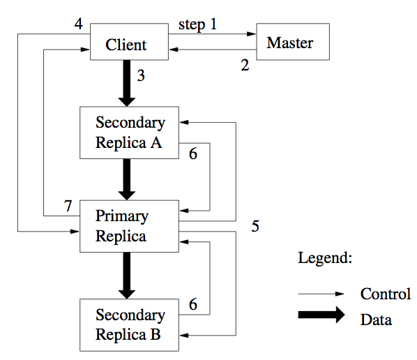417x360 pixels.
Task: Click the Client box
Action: click(x=129, y=42)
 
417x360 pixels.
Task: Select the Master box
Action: click(x=293, y=42)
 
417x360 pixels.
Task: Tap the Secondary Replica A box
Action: click(x=129, y=133)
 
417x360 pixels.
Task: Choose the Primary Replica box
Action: click(x=129, y=226)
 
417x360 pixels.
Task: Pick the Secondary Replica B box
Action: click(x=129, y=325)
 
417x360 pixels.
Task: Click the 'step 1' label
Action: click(x=197, y=24)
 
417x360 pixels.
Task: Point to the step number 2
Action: click(x=245, y=65)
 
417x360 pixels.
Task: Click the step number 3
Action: click(x=141, y=75)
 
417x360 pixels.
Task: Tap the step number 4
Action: click(x=79, y=24)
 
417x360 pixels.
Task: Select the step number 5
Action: click(x=255, y=226)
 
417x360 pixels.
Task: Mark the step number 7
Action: click(x=68, y=206)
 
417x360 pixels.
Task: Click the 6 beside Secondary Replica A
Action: click(x=193, y=153)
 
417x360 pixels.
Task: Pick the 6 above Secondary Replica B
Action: click(x=193, y=304)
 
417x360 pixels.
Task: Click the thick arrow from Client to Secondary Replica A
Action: click(x=127, y=83)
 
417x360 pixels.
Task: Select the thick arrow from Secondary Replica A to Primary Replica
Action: click(x=127, y=179)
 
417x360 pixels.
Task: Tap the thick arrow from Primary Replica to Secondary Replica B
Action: click(x=127, y=276)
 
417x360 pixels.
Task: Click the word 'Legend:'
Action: click(x=325, y=258)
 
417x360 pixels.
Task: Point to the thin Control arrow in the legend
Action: click(x=321, y=294)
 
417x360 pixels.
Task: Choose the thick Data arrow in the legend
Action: click(x=321, y=315)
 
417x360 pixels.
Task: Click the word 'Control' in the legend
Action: click(x=386, y=294)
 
